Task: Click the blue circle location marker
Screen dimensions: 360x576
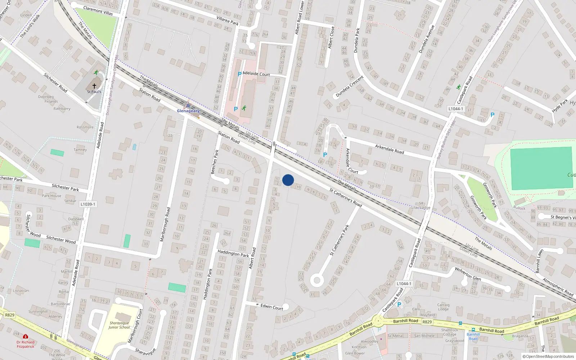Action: pyautogui.click(x=288, y=180)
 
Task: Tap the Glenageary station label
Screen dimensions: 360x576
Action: pyautogui.click(x=188, y=111)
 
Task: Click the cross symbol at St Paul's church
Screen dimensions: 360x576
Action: pyautogui.click(x=94, y=86)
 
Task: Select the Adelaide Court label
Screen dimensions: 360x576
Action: pyautogui.click(x=256, y=74)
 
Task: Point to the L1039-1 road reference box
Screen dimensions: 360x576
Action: pyautogui.click(x=88, y=204)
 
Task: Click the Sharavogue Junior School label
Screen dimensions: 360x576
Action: pyautogui.click(x=119, y=325)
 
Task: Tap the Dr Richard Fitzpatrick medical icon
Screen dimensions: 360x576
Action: pyautogui.click(x=26, y=337)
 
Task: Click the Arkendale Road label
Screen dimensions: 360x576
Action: pyautogui.click(x=390, y=149)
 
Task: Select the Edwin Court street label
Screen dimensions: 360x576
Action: pyautogui.click(x=272, y=307)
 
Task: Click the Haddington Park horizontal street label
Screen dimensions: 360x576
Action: pyautogui.click(x=233, y=253)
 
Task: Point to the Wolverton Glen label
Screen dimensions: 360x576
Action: pyautogui.click(x=468, y=274)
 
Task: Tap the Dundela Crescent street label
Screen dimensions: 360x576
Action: pyautogui.click(x=350, y=86)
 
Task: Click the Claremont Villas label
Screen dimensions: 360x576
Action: pyautogui.click(x=98, y=10)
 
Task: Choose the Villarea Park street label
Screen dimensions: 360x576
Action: pyautogui.click(x=228, y=21)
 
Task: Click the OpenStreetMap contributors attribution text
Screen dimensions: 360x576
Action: pyautogui.click(x=548, y=357)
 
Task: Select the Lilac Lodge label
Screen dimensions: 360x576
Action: pyautogui.click(x=421, y=208)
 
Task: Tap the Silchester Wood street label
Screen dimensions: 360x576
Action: pyautogui.click(x=61, y=239)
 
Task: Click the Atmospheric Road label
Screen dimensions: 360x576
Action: pyautogui.click(x=558, y=287)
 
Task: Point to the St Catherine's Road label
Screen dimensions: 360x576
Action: pyautogui.click(x=346, y=198)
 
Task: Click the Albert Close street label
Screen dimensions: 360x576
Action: pyautogui.click(x=331, y=38)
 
